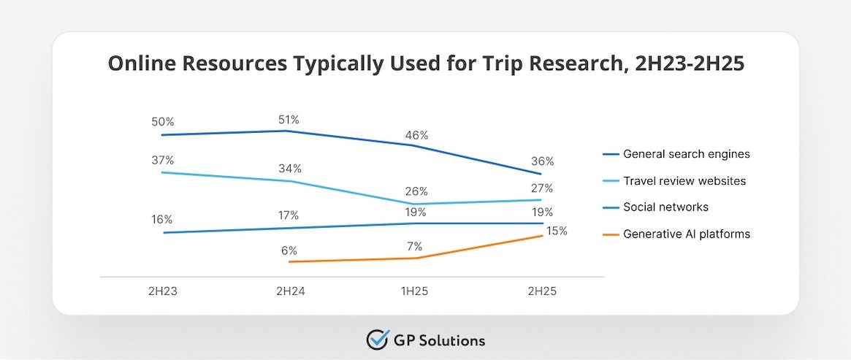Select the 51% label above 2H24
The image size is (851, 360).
tap(289, 119)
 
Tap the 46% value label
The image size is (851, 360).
tap(416, 135)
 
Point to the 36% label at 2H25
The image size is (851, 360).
tap(542, 161)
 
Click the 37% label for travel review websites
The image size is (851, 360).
tap(162, 160)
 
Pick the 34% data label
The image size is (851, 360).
tap(290, 169)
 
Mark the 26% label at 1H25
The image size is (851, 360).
tap(416, 192)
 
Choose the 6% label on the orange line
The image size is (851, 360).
tap(289, 249)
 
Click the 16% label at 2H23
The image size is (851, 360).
tap(162, 219)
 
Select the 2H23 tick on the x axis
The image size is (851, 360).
tap(161, 291)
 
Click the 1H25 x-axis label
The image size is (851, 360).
tap(414, 291)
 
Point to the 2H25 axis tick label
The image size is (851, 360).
tap(541, 291)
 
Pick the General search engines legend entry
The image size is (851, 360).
tap(686, 154)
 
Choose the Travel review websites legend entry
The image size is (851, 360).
tap(684, 180)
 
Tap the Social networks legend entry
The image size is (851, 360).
tap(665, 207)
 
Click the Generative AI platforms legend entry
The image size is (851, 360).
tap(686, 234)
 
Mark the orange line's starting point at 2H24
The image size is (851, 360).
tap(289, 261)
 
